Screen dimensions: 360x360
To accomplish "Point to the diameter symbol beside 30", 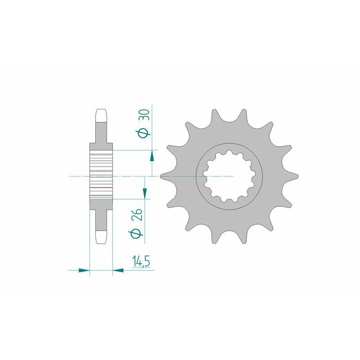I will tap(144, 133).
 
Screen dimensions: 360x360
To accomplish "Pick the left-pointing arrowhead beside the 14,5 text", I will tap(118, 270).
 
